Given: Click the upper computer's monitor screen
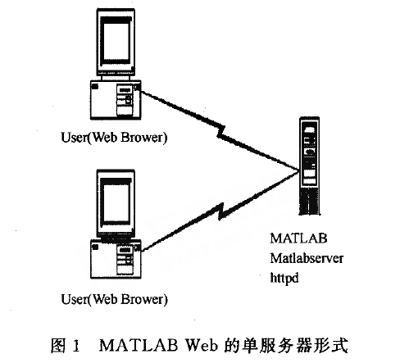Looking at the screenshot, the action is tap(116, 42).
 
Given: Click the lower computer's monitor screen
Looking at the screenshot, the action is tap(116, 202).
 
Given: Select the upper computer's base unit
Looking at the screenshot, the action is tap(116, 100).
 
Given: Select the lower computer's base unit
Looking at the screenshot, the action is tap(116, 259).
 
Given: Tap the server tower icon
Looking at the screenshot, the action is tap(309, 166).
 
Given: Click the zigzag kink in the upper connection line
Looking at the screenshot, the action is tap(221, 132).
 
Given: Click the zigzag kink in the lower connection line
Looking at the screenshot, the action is tap(221, 211).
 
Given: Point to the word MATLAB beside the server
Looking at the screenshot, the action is tap(298, 238).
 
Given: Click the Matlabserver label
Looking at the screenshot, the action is tap(307, 258).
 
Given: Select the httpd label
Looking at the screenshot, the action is tap(284, 279).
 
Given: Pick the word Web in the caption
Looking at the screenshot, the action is tap(202, 345).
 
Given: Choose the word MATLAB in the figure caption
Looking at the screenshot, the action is tap(139, 345).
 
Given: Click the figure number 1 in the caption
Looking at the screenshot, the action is tap(76, 346).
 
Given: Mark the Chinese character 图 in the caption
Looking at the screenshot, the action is tap(58, 345).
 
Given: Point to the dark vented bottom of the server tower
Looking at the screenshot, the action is tap(309, 202).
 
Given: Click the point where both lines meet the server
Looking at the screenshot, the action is tap(299, 171).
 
